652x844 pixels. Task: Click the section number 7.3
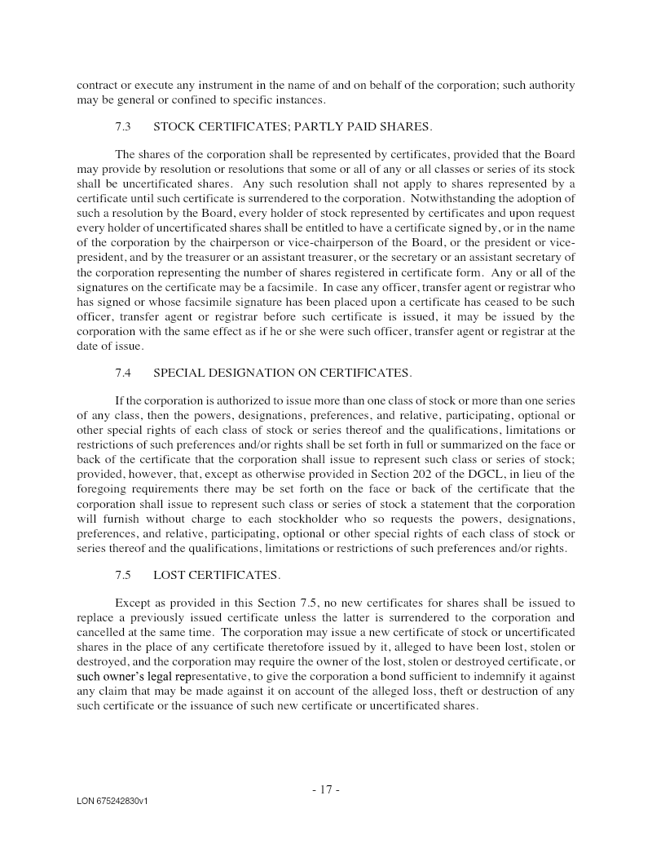123,126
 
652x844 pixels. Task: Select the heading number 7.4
123,373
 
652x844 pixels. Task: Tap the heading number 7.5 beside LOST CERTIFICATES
123,575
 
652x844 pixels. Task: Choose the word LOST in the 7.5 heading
170,575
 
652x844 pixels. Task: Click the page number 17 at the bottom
326,789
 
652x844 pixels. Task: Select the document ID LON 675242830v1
112,802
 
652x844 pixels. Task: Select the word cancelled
104,632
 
